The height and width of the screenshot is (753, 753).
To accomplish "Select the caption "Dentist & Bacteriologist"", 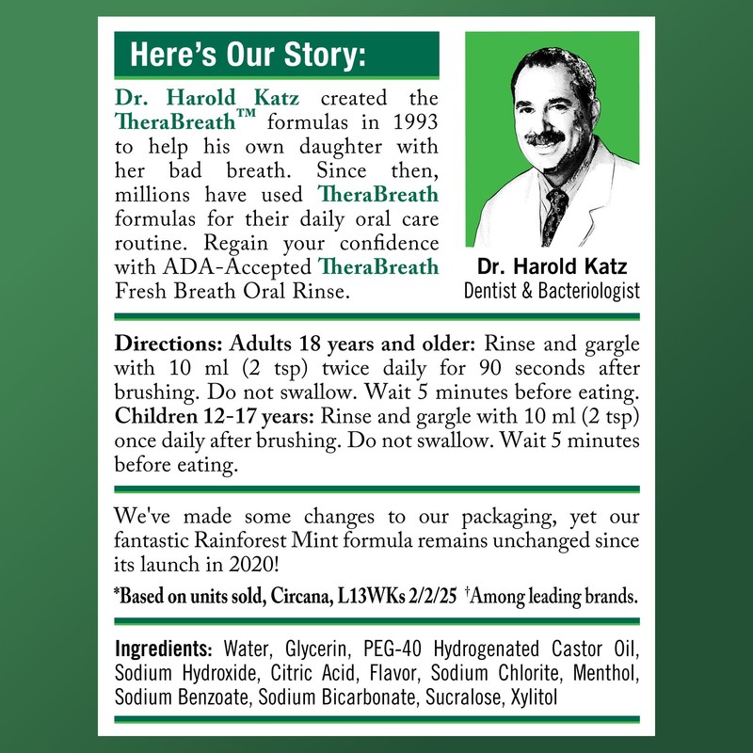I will coord(552,291).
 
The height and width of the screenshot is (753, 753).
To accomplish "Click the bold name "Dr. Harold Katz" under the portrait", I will coord(552,267).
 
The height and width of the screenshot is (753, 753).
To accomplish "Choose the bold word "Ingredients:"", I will coord(164,650).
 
